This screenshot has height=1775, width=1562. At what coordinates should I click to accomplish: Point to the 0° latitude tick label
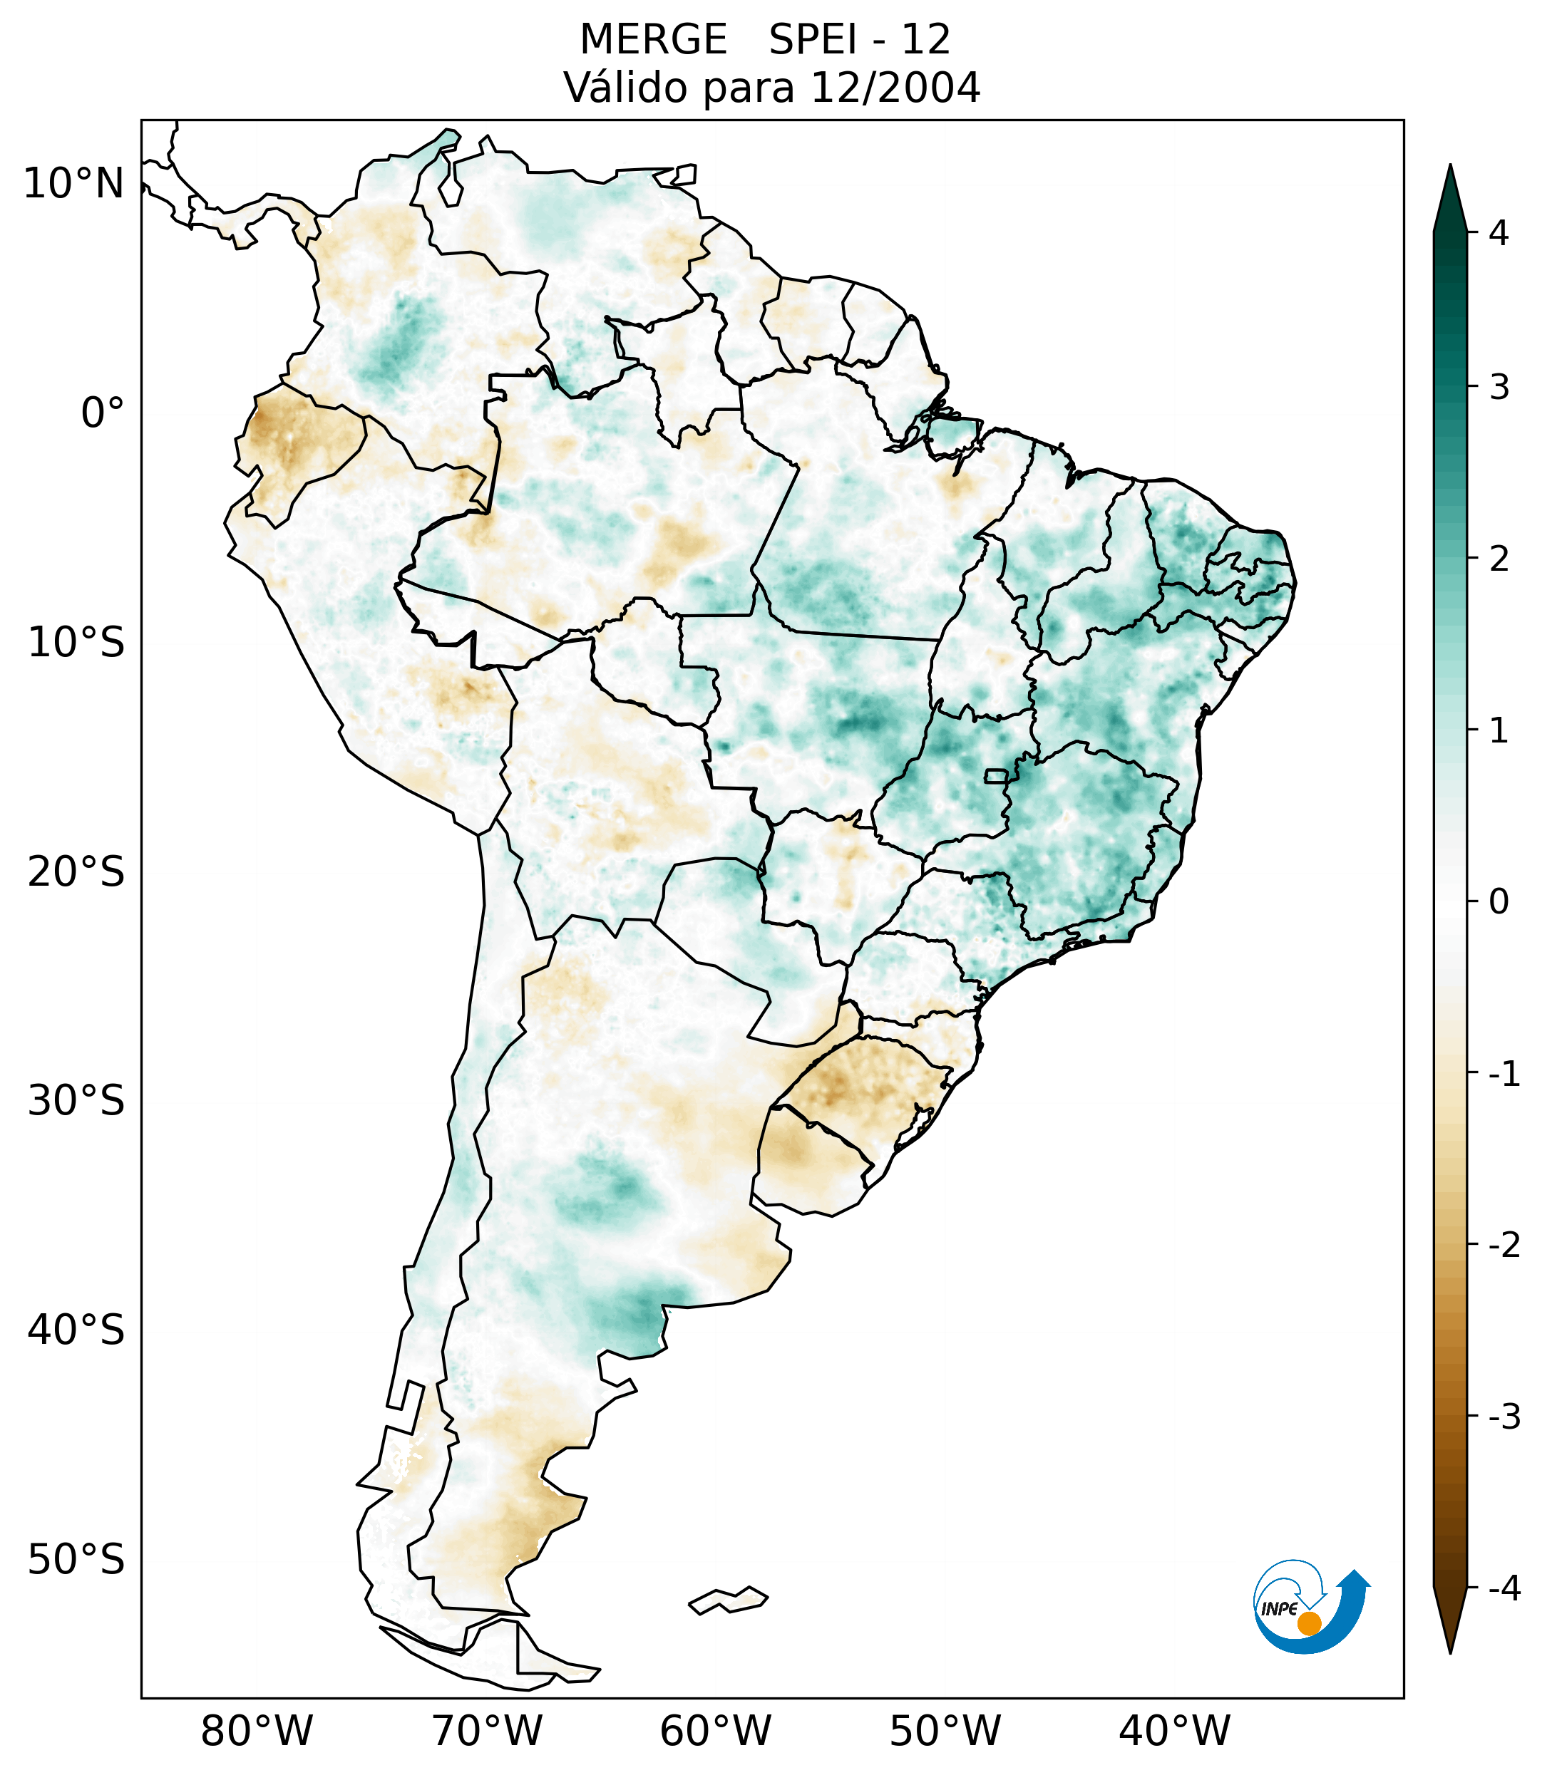[103, 413]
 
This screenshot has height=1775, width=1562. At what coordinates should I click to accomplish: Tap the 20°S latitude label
[76, 872]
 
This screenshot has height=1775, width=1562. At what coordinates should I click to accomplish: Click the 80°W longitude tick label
[257, 1731]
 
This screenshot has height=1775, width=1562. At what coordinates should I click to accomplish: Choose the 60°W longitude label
[716, 1731]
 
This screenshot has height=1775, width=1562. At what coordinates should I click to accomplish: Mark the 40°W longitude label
[1175, 1731]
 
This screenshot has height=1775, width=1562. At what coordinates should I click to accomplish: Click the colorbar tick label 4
[1499, 233]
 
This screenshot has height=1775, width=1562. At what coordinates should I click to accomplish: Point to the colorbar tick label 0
[1499, 902]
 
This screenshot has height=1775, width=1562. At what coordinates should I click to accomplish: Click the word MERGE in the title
[653, 40]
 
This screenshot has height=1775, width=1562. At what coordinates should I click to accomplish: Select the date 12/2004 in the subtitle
[895, 88]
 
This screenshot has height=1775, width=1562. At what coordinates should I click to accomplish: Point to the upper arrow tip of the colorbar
[1450, 170]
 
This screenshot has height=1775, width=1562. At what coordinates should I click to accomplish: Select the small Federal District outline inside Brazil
[997, 775]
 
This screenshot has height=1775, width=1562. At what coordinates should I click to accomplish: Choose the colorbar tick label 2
[1499, 559]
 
